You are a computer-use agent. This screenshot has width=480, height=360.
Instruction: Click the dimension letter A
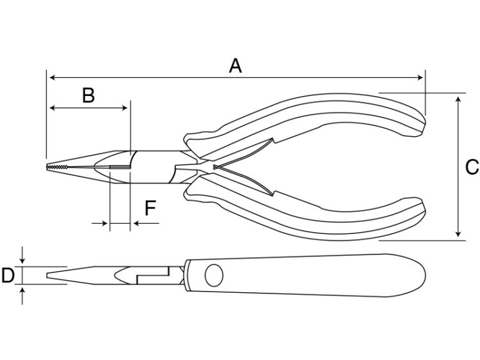(x=235, y=66)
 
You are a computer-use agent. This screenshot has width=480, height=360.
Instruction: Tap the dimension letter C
(x=472, y=167)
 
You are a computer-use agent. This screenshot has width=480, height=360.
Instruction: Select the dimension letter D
(x=8, y=275)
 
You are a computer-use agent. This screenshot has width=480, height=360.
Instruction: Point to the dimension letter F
(x=150, y=208)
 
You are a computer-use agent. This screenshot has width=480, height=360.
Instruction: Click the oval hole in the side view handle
(x=214, y=276)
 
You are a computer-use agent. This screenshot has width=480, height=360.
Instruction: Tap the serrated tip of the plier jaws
(x=57, y=167)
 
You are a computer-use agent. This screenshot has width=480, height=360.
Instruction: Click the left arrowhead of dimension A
(x=52, y=77)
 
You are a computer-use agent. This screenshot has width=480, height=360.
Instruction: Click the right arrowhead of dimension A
(x=420, y=77)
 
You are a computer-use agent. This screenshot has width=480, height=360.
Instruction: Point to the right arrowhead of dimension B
(x=125, y=107)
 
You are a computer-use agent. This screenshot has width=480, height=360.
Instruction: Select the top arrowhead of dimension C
(x=458, y=100)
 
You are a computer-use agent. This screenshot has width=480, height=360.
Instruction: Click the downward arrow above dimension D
(x=22, y=255)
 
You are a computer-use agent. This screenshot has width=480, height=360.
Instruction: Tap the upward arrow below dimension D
(x=22, y=296)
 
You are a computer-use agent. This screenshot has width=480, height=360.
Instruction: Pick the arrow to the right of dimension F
(x=147, y=224)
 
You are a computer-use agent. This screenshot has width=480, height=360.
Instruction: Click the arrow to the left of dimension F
(x=99, y=224)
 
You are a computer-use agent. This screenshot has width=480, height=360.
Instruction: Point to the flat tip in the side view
(x=47, y=276)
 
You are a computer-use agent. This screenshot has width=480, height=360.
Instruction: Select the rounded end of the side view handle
(x=424, y=275)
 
